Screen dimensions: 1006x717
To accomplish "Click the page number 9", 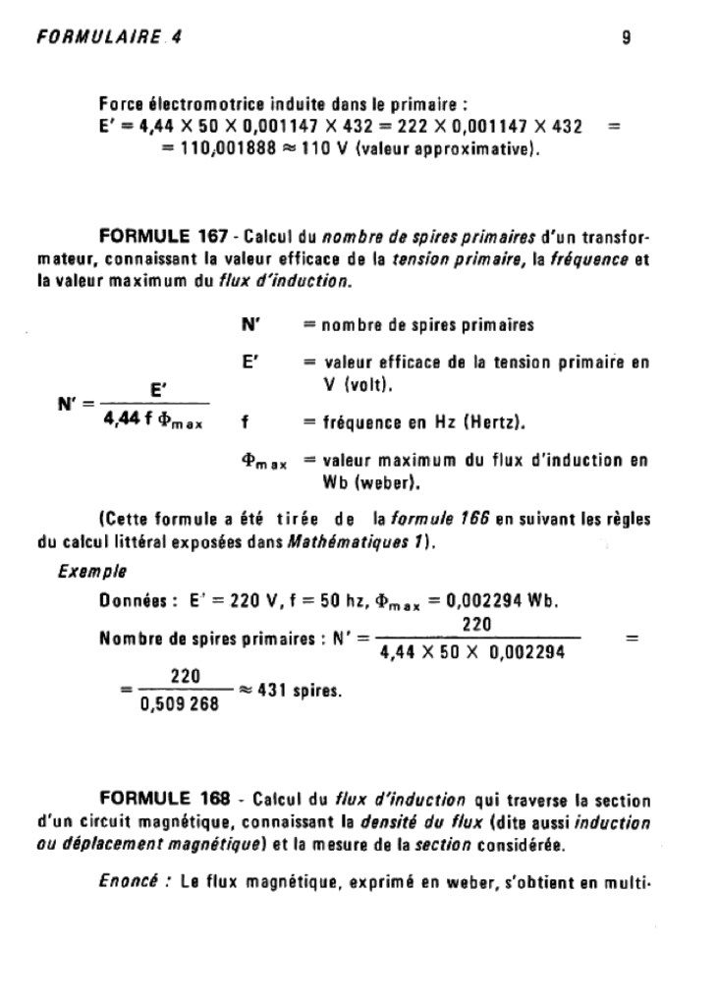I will (626, 38).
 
